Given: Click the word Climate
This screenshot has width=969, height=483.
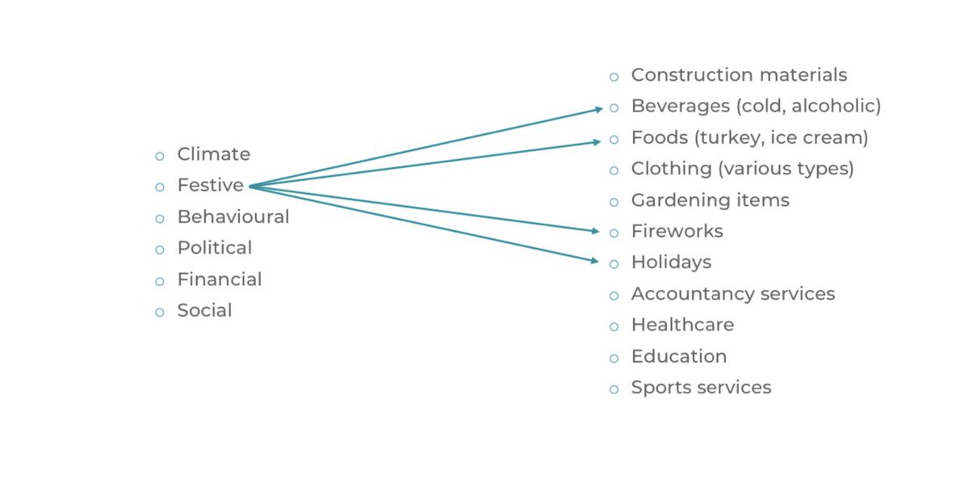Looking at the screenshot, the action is coord(213,154).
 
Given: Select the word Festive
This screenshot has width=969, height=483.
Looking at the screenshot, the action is coord(210,186).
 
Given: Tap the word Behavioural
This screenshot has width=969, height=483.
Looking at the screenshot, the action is coord(233,217).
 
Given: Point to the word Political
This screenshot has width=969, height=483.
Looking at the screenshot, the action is coord(214,248).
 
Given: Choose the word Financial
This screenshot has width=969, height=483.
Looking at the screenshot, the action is coord(219,279).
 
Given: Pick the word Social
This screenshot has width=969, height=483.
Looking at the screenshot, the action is coord(204,311).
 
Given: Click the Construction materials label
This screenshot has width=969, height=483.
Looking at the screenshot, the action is coord(739,75).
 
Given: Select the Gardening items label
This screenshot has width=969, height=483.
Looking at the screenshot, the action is coord(710,200).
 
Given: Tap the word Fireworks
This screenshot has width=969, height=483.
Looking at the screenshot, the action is coord(677,232).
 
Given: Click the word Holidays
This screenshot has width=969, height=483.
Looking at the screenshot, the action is coord(670,262).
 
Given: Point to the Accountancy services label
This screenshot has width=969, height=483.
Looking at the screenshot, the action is coord(732,294).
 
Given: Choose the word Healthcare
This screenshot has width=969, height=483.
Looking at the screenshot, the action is coord(682,325).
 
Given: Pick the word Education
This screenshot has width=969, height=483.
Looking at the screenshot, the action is coord(678,356).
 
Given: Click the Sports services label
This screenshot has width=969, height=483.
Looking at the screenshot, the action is coord(701,388).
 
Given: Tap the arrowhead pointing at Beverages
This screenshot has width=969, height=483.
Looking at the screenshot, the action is coord(599,108).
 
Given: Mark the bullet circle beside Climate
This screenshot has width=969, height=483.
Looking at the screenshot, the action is coord(160,156).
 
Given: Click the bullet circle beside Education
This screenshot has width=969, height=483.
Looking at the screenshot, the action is coord(614,358).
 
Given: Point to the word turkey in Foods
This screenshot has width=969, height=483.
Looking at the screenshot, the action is coord(724,138).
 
